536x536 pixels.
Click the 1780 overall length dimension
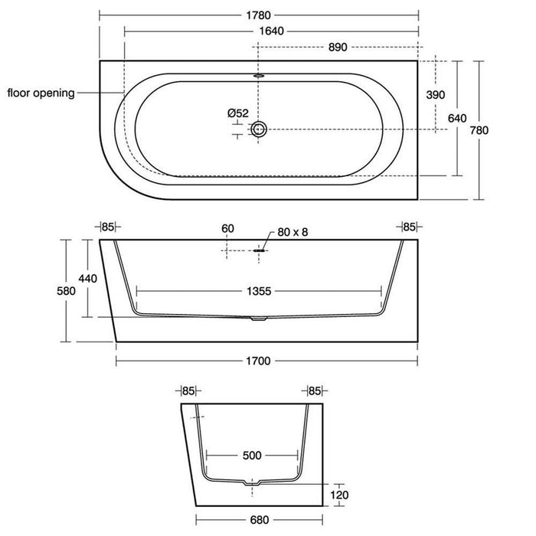259,15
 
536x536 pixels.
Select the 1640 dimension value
271,31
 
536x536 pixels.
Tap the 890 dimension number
338,47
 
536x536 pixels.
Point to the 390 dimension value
436,95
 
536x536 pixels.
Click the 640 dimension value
457,118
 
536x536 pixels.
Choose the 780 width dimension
479,130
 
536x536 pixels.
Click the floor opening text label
41,93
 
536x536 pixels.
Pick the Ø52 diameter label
238,113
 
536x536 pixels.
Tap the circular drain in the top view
259,129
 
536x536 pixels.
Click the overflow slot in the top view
259,76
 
